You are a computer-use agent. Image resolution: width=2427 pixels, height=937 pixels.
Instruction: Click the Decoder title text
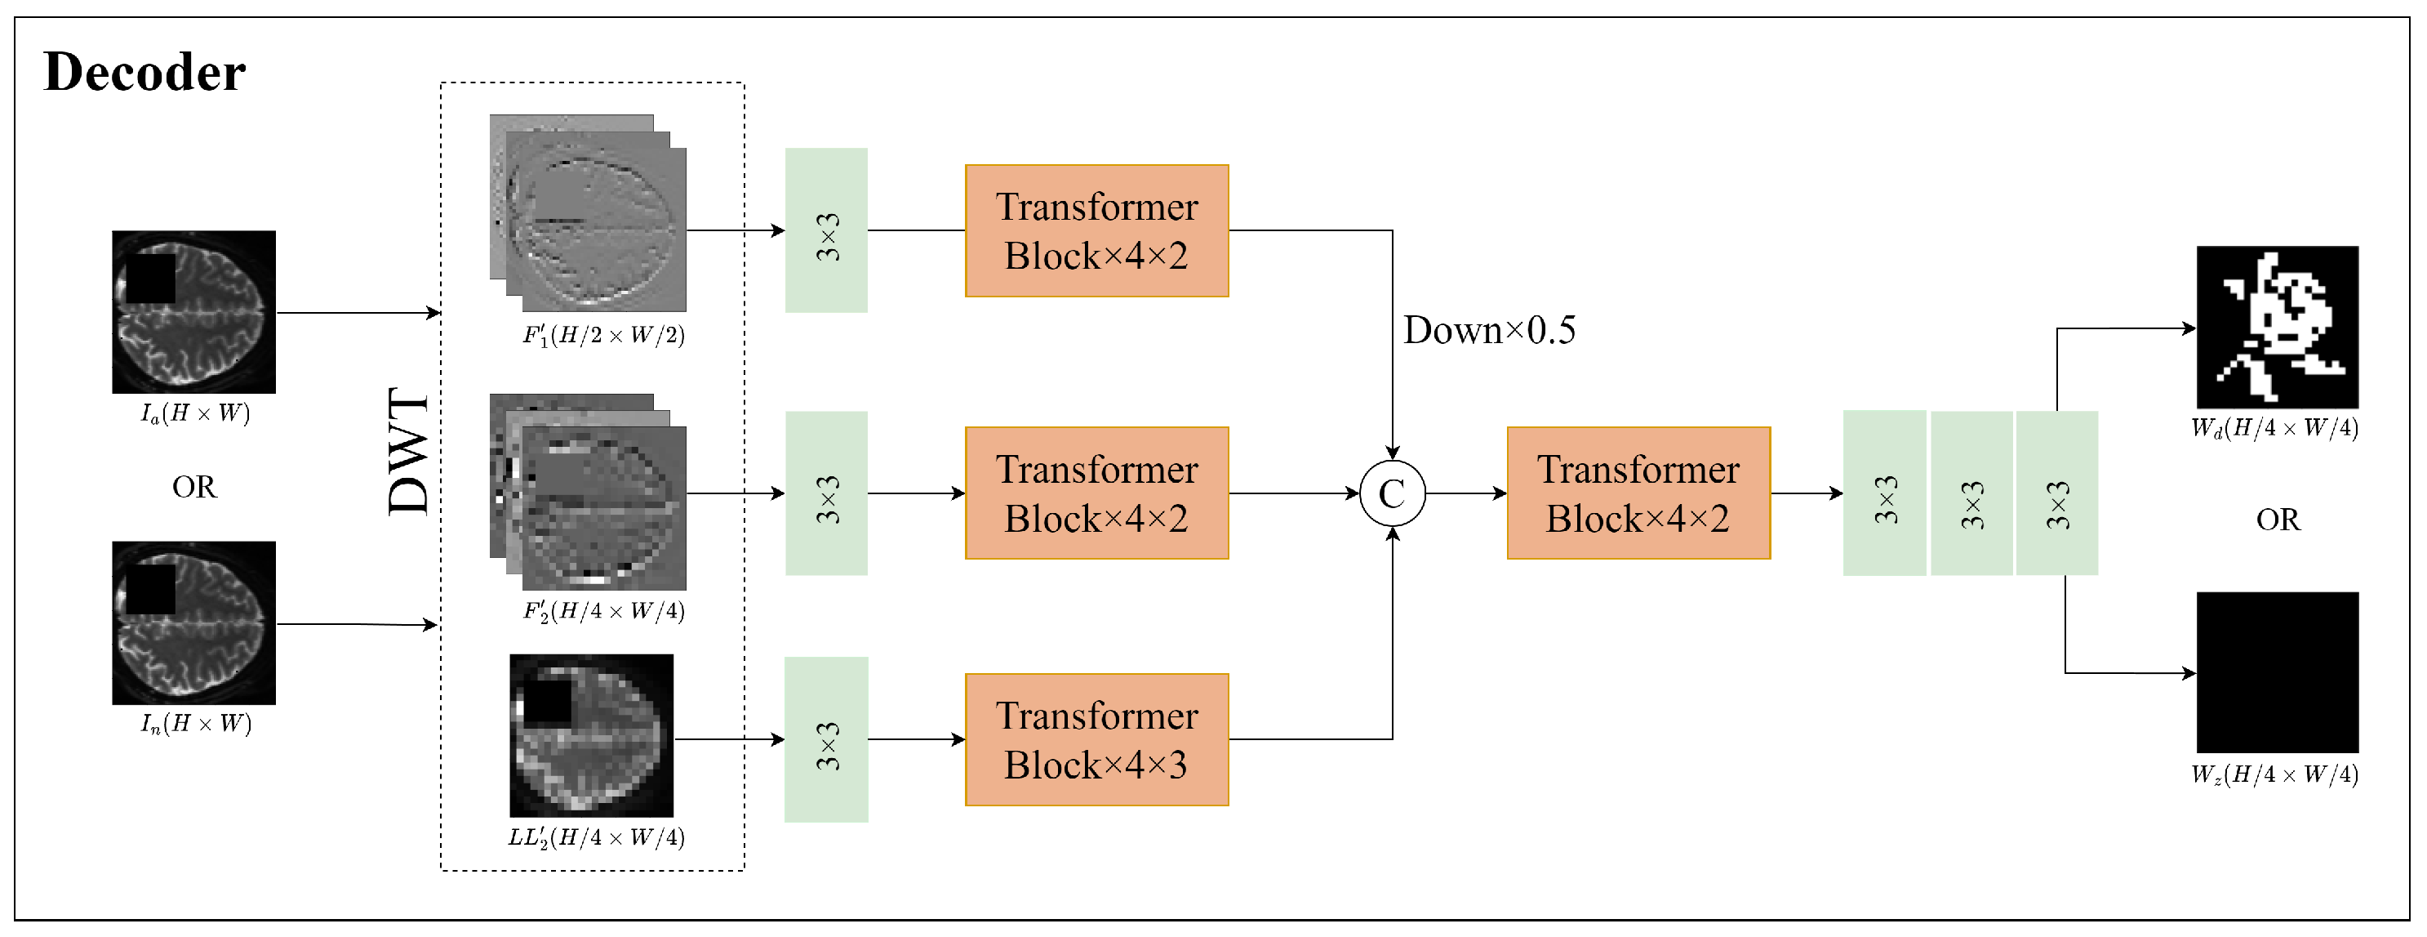pos(144,72)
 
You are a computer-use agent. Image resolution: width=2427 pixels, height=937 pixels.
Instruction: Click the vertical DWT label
pos(409,451)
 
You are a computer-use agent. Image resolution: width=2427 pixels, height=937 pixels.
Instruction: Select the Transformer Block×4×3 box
pos(1096,739)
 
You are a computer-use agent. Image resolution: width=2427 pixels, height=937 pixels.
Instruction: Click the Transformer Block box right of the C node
pos(1638,493)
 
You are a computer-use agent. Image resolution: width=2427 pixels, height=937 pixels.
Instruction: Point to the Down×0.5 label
pos(1489,330)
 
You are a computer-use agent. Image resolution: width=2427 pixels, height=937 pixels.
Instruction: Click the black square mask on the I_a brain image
pos(150,278)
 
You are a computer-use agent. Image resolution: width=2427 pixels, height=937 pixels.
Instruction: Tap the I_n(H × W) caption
pos(195,723)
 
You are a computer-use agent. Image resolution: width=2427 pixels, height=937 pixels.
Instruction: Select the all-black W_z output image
pos(2276,672)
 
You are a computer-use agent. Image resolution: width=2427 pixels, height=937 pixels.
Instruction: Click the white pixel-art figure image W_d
pos(2276,326)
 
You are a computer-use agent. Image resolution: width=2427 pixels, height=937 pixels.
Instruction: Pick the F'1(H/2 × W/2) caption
pos(603,335)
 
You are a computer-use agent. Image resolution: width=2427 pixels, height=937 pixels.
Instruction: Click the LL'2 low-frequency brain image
pos(591,735)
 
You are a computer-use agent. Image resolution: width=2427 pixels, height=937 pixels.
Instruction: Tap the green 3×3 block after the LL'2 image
pos(825,739)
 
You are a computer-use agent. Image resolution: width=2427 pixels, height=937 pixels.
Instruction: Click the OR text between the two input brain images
pos(194,486)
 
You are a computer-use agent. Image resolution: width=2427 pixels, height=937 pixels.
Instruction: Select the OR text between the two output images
pos(2277,520)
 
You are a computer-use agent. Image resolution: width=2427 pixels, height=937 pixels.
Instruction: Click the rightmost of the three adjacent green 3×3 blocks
pos(2056,493)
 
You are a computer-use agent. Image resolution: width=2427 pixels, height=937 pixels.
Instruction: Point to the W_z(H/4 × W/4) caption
pos(2274,774)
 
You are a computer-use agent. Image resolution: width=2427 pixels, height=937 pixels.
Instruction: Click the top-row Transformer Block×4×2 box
pos(1096,231)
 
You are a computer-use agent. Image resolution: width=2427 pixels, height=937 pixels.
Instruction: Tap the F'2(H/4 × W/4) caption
pos(603,611)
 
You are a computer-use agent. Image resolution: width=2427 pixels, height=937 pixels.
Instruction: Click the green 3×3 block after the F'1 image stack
pos(825,230)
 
